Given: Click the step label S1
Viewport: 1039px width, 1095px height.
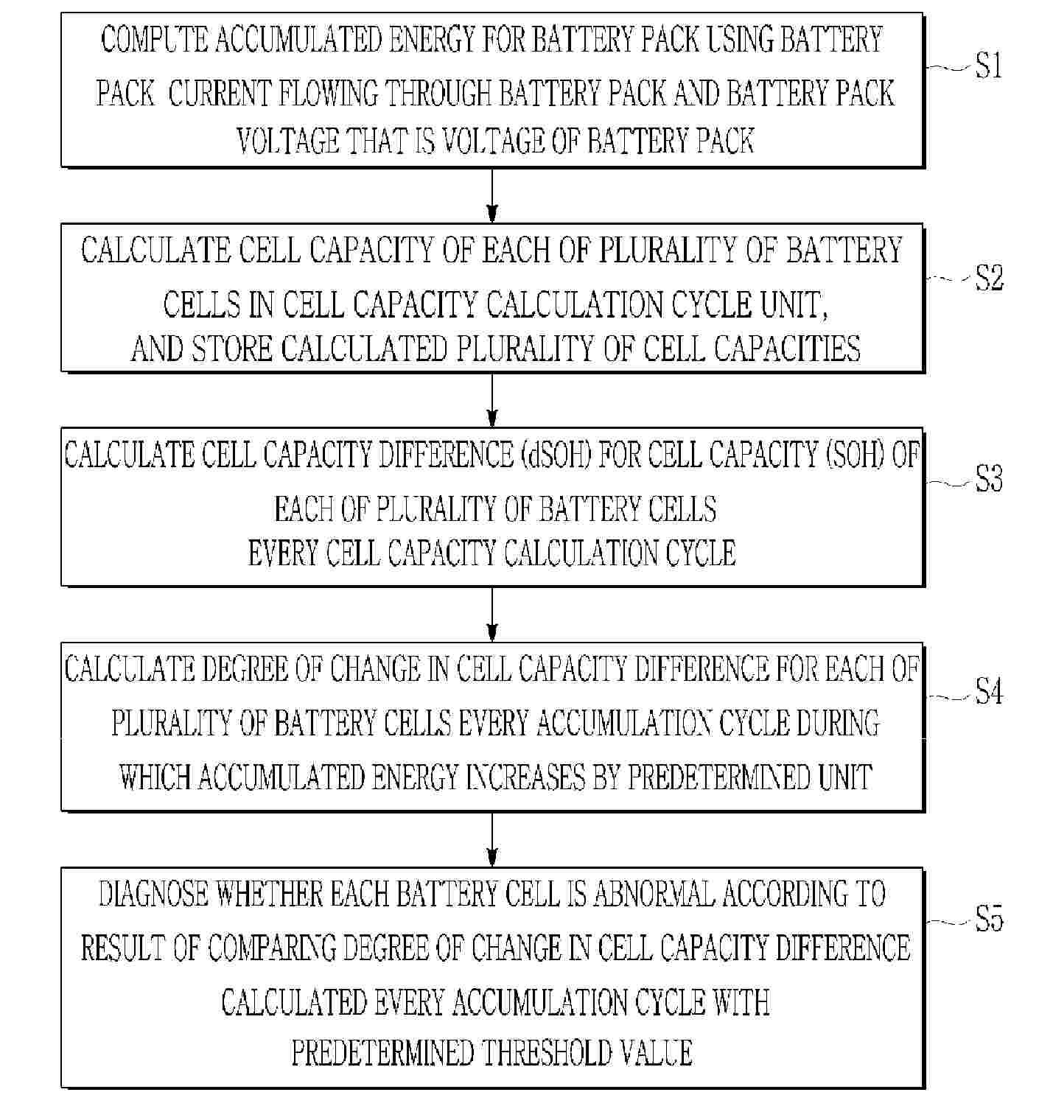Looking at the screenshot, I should point(990,67).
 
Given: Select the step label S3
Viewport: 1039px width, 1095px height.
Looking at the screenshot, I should point(990,481).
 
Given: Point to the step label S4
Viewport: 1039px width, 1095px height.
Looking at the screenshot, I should point(990,693).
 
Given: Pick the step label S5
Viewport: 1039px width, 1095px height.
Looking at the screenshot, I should point(990,920).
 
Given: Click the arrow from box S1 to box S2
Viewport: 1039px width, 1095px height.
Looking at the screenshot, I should point(492,195).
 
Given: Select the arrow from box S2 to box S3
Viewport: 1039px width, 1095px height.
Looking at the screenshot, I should point(492,399).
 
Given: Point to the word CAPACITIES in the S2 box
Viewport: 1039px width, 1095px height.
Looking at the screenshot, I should point(788,349).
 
